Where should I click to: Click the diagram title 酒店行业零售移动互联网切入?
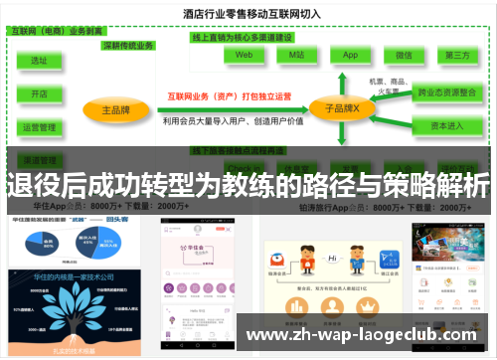[252, 13]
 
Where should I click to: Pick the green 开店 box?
[40, 94]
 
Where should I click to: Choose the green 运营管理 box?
[40, 127]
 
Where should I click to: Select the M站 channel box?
[296, 56]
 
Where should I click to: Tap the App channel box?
[350, 56]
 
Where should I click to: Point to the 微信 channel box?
[404, 56]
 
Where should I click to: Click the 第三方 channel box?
[457, 56]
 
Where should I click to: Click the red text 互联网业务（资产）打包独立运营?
[217, 97]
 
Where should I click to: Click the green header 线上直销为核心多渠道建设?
[248, 37]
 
